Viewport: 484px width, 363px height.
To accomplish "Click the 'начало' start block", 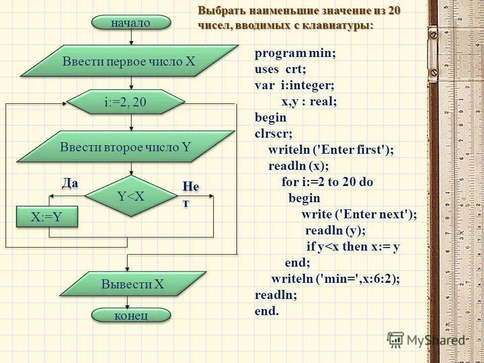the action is pos(131,23).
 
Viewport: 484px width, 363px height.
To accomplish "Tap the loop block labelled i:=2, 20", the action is pos(126,102).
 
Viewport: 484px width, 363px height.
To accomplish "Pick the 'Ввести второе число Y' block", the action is pos(126,147).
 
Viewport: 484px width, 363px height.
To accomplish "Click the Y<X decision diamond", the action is pos(131,196).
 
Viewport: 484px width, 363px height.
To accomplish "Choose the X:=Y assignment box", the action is pos(47,217).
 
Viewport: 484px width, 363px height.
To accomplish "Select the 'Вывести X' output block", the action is pos(133,284).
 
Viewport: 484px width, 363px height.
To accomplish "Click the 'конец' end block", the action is pos(131,316).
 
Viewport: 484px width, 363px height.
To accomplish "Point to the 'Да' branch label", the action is pos(70,183).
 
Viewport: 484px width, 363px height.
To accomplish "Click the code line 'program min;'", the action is pos(295,54).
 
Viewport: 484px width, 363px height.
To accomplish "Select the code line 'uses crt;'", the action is pos(280,70).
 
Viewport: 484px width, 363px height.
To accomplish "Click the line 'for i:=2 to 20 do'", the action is pos(327,182).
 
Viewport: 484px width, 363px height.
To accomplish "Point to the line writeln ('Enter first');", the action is pos(331,150).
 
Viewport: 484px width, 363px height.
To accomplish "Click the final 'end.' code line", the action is pos(267,311).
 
